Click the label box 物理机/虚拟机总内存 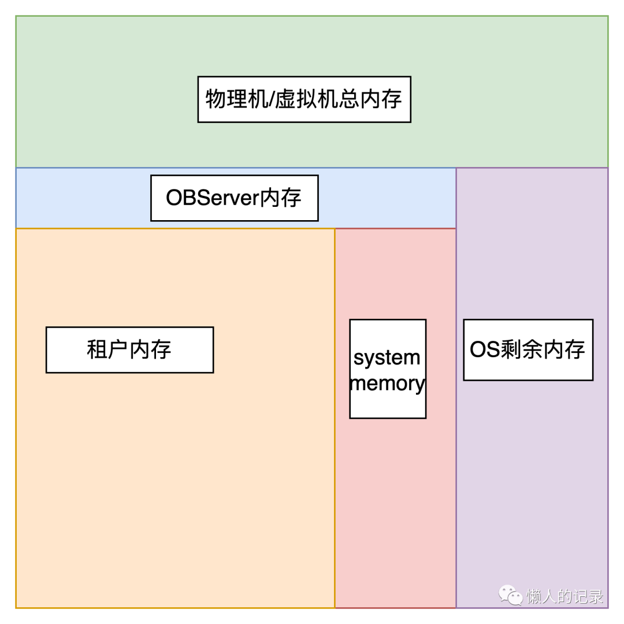pyautogui.click(x=304, y=99)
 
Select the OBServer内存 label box pyautogui.click(x=234, y=198)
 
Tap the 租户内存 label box pyautogui.click(x=129, y=350)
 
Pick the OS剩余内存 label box pyautogui.click(x=528, y=350)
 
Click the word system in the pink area pyautogui.click(x=387, y=358)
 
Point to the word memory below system pyautogui.click(x=388, y=383)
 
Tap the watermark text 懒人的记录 pyautogui.click(x=564, y=596)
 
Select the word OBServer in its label pyautogui.click(x=212, y=198)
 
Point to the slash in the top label pyautogui.click(x=270, y=99)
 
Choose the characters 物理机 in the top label pyautogui.click(x=236, y=99)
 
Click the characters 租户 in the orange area pyautogui.click(x=107, y=350)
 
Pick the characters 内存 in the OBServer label pyautogui.click(x=281, y=198)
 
